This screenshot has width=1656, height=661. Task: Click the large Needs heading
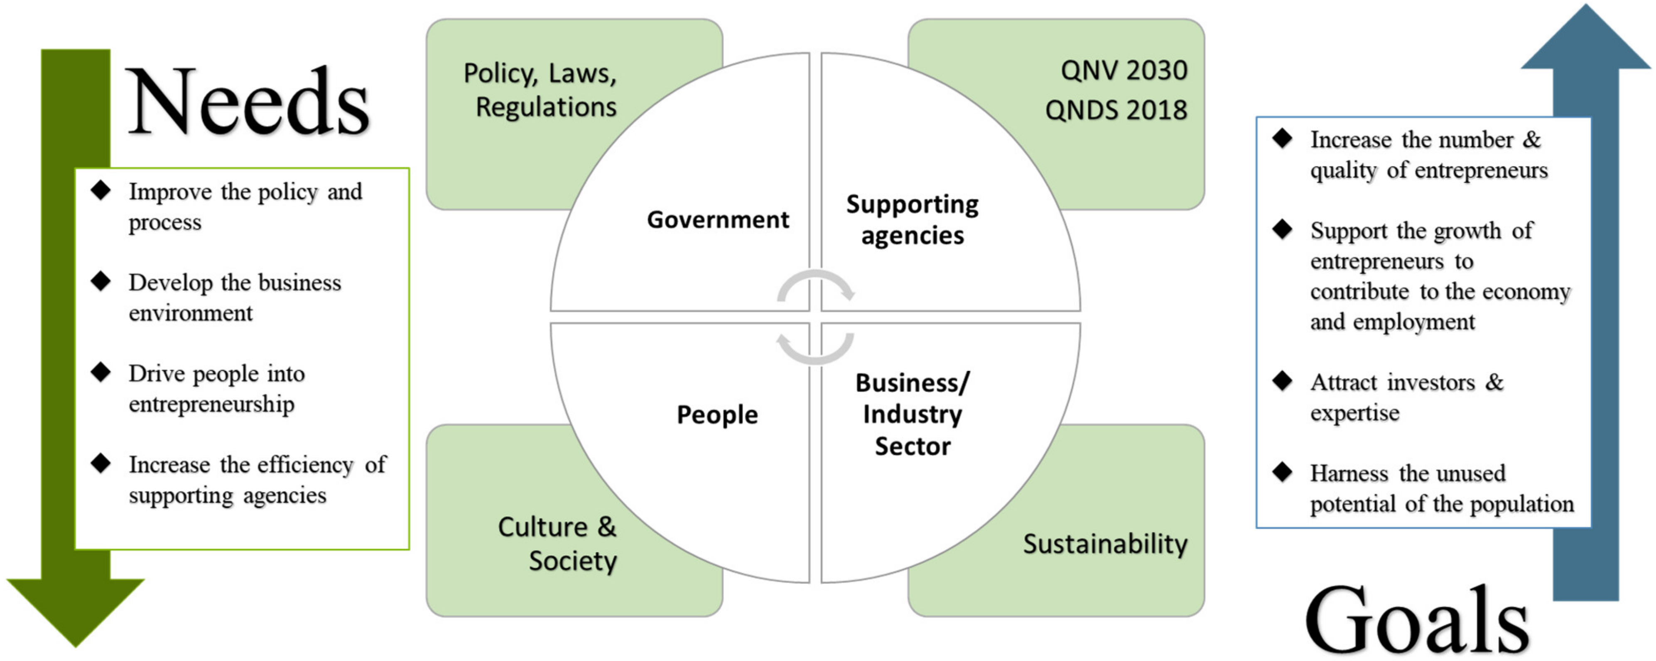(248, 103)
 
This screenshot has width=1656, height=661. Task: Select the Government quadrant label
(717, 220)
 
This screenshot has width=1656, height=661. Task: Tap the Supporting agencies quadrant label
(912, 220)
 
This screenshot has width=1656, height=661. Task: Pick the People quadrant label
(717, 415)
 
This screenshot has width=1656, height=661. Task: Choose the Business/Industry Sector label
(912, 415)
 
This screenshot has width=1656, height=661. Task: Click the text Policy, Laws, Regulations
(541, 90)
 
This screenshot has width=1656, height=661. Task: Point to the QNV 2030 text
(1124, 71)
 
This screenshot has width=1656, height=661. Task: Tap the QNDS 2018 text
(1116, 110)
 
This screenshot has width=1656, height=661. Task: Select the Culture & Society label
(558, 544)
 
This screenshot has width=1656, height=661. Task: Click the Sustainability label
(1105, 544)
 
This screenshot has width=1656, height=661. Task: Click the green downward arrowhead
(76, 610)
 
